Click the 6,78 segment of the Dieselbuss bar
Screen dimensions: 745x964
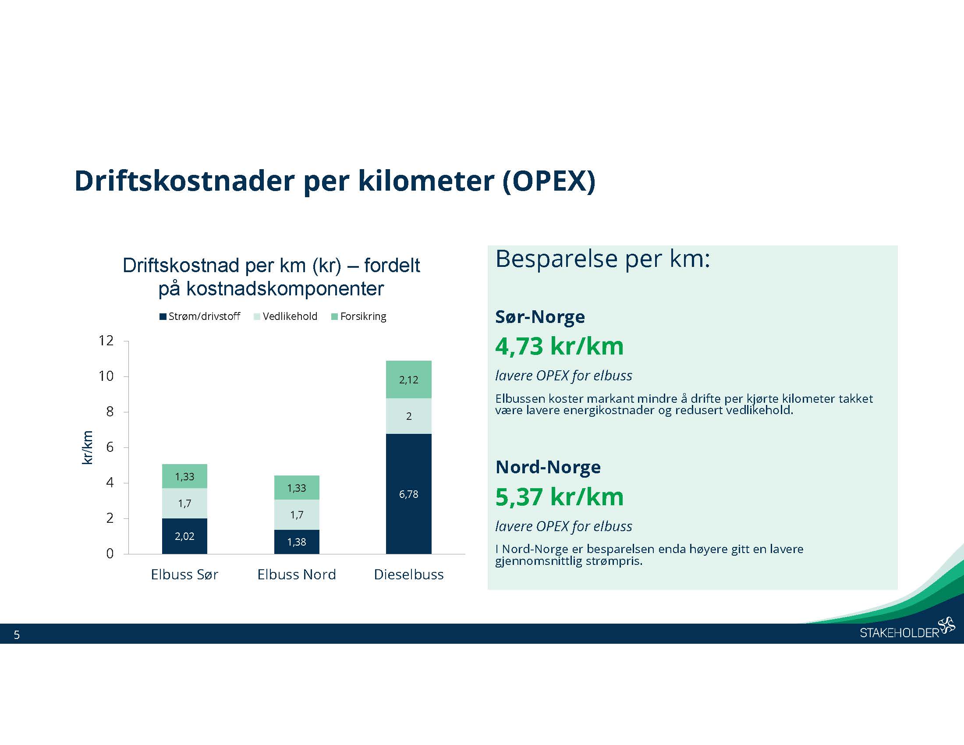(408, 494)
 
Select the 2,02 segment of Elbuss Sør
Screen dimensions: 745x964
(184, 536)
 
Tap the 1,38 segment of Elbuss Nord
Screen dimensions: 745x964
(297, 542)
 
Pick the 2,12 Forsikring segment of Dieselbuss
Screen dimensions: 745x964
(408, 380)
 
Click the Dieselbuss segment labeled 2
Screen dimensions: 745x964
(408, 416)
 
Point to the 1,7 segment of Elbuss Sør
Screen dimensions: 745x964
(184, 503)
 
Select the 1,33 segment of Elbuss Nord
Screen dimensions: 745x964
(297, 488)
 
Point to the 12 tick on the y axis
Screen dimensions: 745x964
(106, 341)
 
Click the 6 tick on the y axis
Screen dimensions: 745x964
(110, 447)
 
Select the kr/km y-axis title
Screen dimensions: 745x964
(87, 447)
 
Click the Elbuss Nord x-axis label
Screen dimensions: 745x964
(297, 574)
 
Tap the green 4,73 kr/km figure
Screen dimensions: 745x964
(559, 346)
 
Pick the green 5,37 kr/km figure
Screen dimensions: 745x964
(559, 497)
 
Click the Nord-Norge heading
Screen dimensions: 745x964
(548, 467)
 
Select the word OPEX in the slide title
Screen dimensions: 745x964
(549, 181)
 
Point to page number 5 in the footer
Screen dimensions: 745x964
(17, 635)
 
